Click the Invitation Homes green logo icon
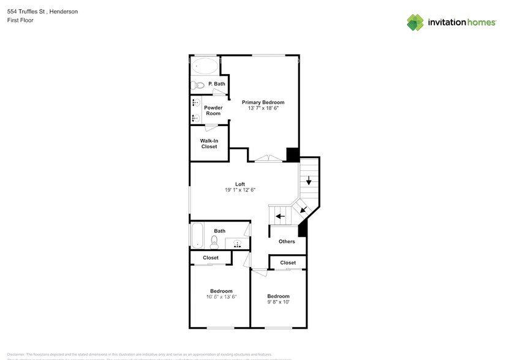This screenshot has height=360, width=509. (416, 23)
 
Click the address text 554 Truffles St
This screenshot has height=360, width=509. (28, 12)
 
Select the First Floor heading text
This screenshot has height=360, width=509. (20, 20)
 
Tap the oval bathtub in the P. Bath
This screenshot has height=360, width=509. (205, 66)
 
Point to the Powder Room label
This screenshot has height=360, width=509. (213, 111)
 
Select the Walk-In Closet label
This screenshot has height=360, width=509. (209, 144)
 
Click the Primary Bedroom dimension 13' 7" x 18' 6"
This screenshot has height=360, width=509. (263, 108)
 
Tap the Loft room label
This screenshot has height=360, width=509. (240, 184)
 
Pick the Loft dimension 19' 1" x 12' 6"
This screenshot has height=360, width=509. (240, 190)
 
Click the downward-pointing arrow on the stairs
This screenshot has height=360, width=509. (309, 181)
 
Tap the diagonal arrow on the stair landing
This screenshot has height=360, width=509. (303, 209)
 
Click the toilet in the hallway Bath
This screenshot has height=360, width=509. (214, 241)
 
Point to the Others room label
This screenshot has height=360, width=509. (287, 241)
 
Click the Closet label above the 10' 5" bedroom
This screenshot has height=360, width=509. (211, 258)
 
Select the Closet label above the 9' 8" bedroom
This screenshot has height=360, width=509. (288, 263)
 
